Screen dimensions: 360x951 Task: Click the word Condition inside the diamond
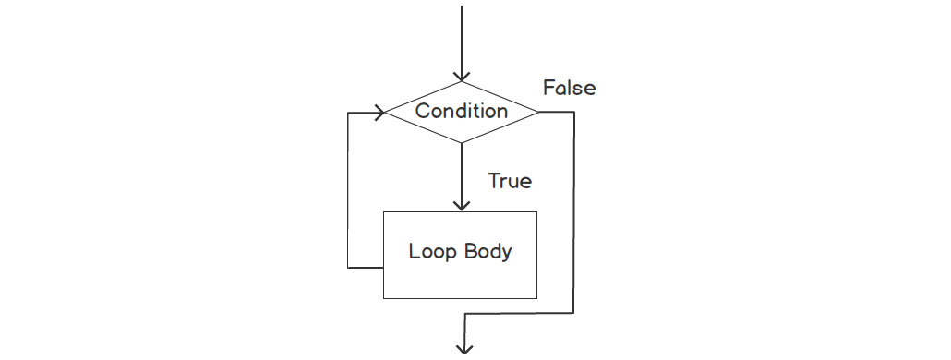pyautogui.click(x=461, y=111)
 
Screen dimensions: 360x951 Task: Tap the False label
pyautogui.click(x=569, y=88)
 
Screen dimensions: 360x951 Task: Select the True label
pyautogui.click(x=509, y=181)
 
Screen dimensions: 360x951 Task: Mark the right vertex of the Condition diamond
pyautogui.click(x=539, y=113)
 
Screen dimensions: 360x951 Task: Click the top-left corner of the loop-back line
pyautogui.click(x=348, y=113)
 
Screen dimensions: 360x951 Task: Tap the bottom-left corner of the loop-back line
pyautogui.click(x=348, y=268)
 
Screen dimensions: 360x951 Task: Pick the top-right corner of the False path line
pyautogui.click(x=574, y=113)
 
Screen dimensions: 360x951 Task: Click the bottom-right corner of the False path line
pyautogui.click(x=574, y=314)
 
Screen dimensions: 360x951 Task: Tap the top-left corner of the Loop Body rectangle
pyautogui.click(x=384, y=212)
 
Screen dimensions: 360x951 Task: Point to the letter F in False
pyautogui.click(x=548, y=88)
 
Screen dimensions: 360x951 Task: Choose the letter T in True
pyautogui.click(x=493, y=181)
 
